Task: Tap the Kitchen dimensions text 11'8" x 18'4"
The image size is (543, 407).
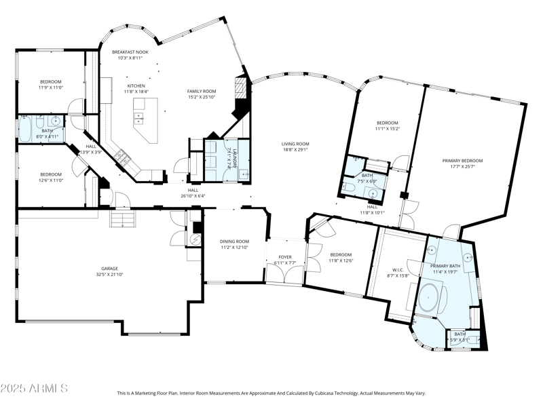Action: click(x=136, y=92)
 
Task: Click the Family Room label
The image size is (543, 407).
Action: click(x=202, y=91)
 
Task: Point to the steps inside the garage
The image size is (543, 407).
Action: click(x=124, y=220)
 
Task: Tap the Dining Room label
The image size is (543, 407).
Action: click(x=234, y=241)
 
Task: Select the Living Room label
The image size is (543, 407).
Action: click(x=296, y=144)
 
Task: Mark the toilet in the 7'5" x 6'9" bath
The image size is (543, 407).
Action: click(x=347, y=186)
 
